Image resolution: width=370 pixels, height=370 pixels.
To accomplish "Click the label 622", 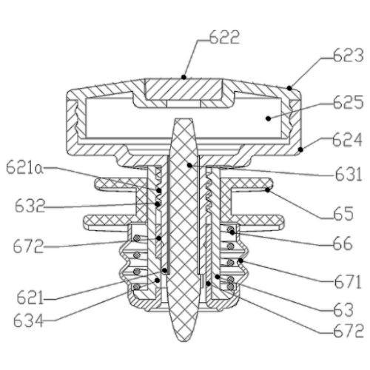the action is (x=224, y=38).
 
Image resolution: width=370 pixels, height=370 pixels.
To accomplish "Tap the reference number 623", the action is (x=349, y=55).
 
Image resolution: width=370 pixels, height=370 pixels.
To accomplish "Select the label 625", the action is (x=349, y=102).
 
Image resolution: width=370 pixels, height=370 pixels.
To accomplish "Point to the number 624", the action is (x=347, y=140).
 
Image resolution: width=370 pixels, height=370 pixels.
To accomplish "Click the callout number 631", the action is (x=349, y=174).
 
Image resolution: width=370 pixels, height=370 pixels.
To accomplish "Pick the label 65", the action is (x=343, y=213).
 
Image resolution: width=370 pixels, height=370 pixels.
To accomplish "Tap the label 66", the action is (x=343, y=243).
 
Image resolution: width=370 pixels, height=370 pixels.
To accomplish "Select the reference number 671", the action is (x=348, y=281).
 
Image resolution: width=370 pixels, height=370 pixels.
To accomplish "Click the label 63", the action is (x=343, y=310).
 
